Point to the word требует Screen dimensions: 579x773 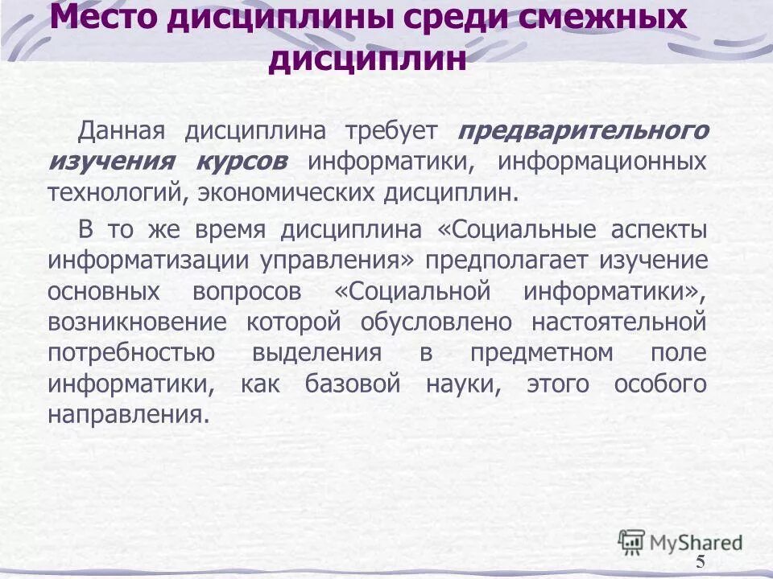click(x=391, y=130)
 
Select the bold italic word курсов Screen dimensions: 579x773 click(x=240, y=161)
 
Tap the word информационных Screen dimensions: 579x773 click(x=601, y=161)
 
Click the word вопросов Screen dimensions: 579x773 click(x=248, y=291)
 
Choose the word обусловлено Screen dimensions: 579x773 click(x=436, y=322)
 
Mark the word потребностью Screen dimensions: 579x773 click(x=130, y=353)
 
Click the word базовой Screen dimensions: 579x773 click(x=353, y=384)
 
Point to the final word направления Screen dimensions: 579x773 click(x=123, y=415)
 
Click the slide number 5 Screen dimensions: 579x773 click(x=700, y=561)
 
